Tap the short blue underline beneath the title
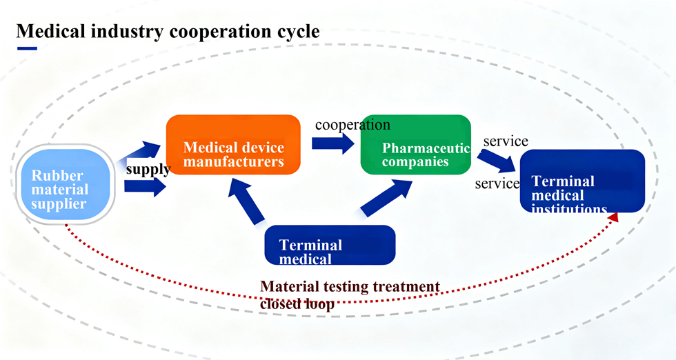(27, 48)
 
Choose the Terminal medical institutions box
(582, 181)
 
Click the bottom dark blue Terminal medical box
(330, 245)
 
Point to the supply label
(148, 169)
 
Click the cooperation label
(352, 125)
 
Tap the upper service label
(506, 141)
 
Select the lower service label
(497, 184)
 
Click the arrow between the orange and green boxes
(334, 143)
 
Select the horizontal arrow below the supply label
(146, 186)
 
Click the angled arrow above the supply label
(144, 151)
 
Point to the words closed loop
(297, 303)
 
